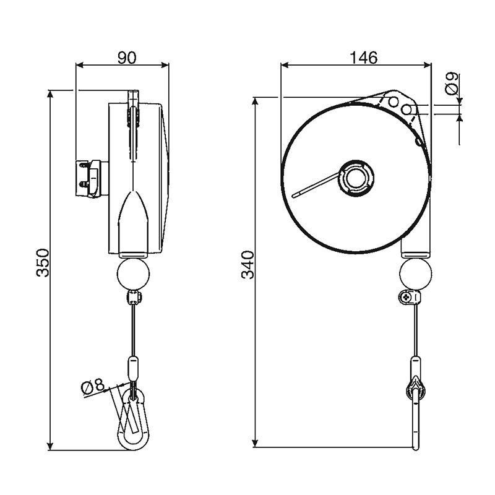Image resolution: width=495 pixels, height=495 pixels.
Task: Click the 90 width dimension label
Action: [127, 58]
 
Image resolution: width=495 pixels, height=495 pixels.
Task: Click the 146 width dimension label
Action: [363, 58]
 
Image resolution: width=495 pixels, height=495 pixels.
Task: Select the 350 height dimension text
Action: [43, 263]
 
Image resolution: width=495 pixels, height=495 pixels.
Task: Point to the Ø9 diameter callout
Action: [451, 84]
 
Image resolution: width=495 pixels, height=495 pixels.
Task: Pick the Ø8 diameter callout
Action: [92, 387]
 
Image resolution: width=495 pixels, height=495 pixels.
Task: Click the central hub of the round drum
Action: [356, 178]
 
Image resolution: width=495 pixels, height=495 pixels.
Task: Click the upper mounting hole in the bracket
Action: [394, 102]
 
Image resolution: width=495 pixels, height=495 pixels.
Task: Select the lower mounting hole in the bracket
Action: [407, 110]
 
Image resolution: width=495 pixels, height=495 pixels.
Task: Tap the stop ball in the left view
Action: [133, 273]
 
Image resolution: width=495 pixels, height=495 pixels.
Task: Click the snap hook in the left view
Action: [133, 420]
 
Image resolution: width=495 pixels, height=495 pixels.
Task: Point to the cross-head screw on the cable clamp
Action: [406, 297]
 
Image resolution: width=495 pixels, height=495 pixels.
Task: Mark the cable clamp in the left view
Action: [134, 298]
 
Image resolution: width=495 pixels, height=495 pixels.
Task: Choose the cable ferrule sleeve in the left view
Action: [133, 368]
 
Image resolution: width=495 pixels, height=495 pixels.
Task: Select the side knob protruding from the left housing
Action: [92, 179]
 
